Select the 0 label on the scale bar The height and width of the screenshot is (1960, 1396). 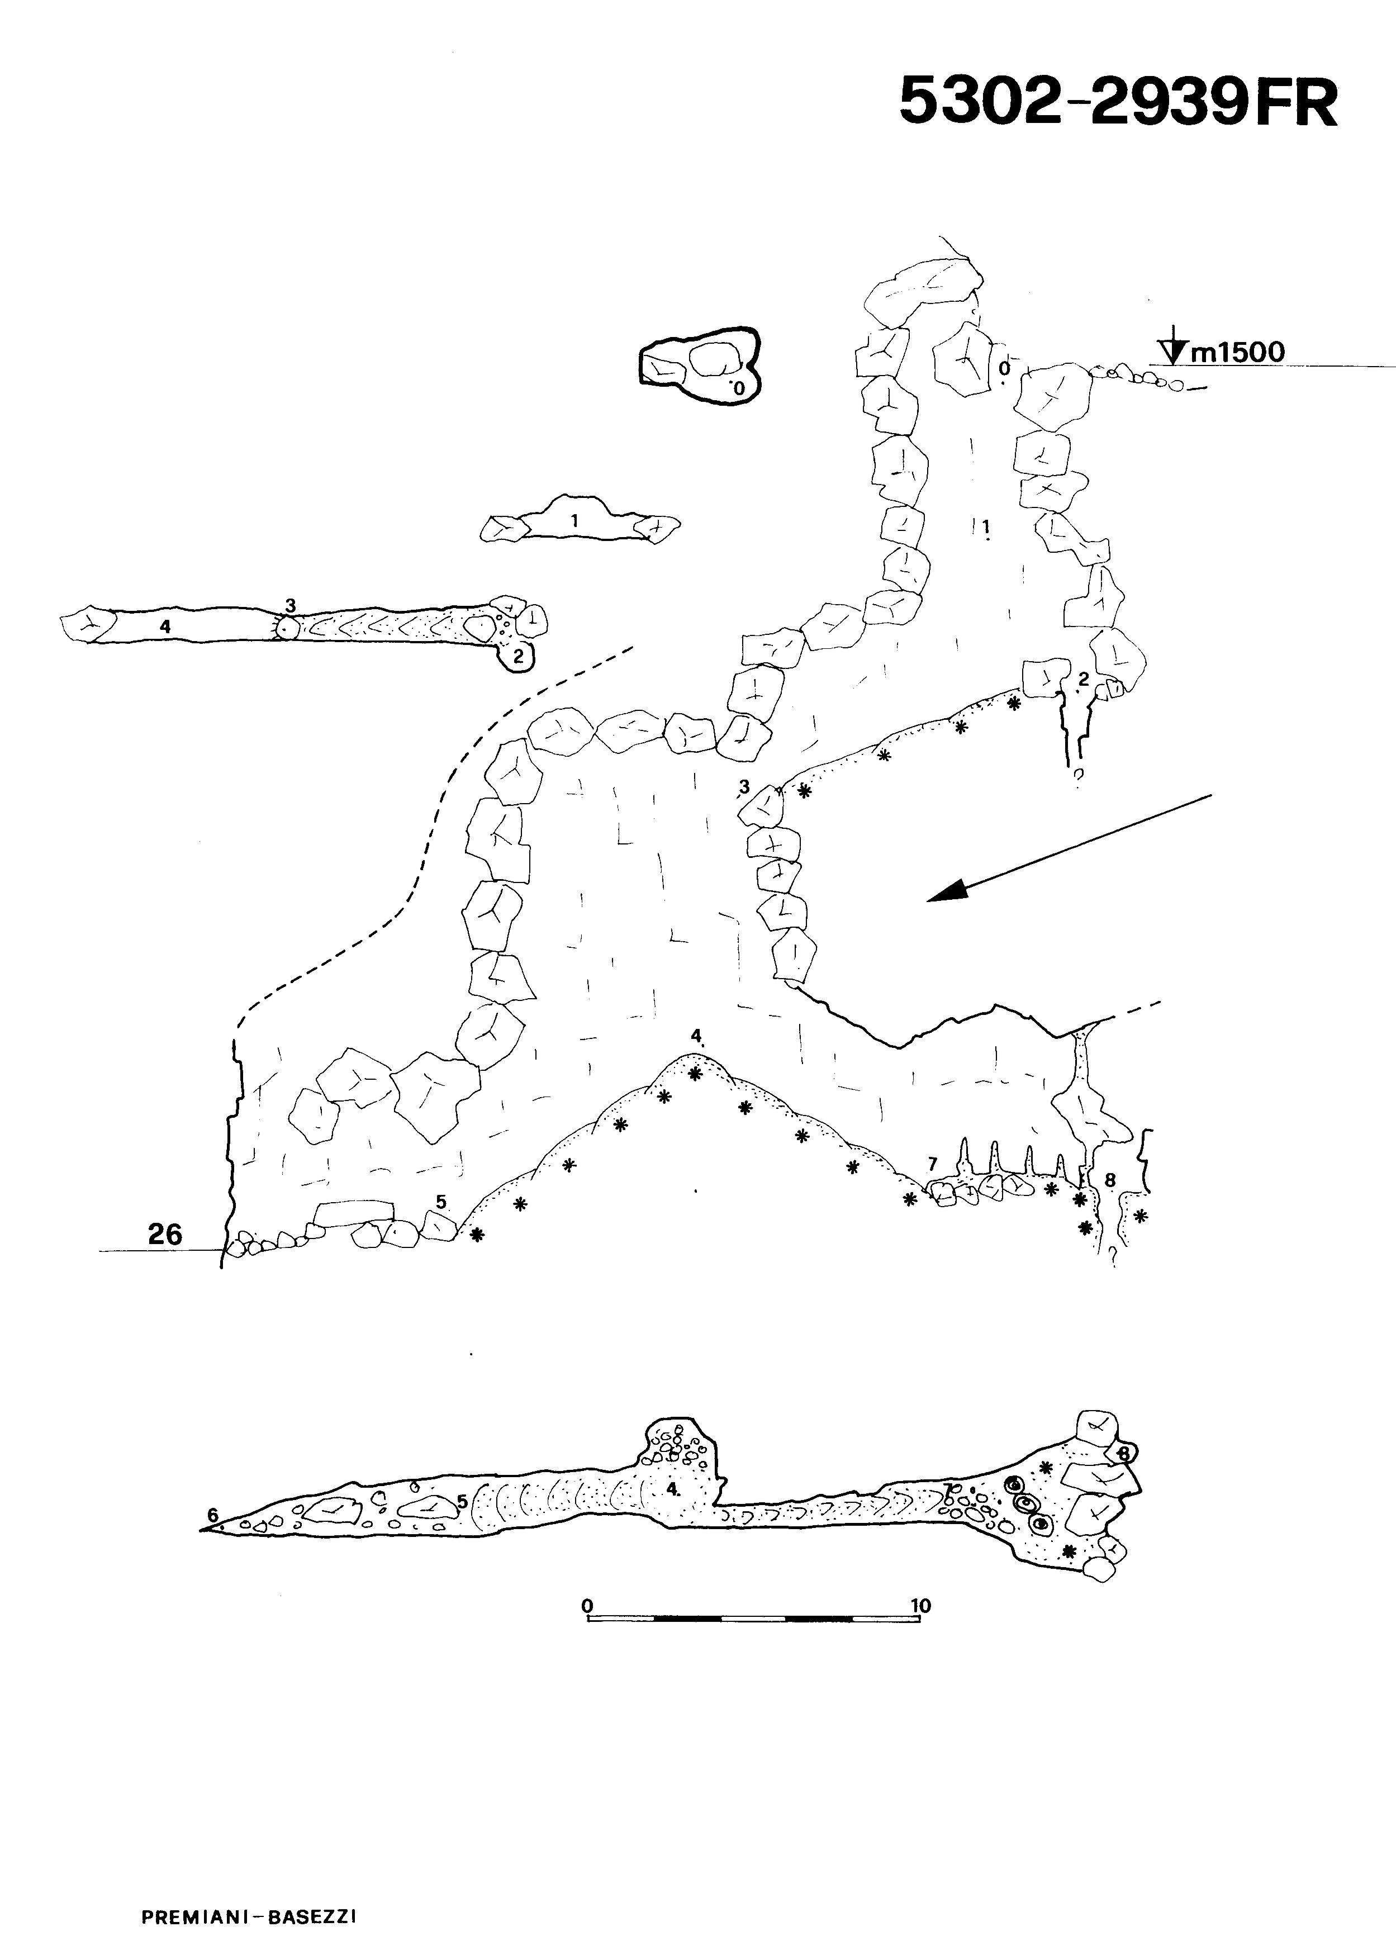(x=588, y=1605)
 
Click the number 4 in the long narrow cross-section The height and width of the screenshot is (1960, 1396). (x=165, y=627)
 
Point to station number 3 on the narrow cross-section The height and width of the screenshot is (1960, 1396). (x=291, y=605)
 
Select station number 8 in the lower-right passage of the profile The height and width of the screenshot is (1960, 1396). (x=1110, y=1180)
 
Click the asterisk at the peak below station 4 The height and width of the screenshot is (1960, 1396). (x=695, y=1073)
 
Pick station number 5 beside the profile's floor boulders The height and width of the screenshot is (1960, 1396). (x=441, y=1202)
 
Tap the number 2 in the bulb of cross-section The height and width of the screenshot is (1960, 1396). (x=517, y=657)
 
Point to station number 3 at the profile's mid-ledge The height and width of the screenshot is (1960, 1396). (x=744, y=786)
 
